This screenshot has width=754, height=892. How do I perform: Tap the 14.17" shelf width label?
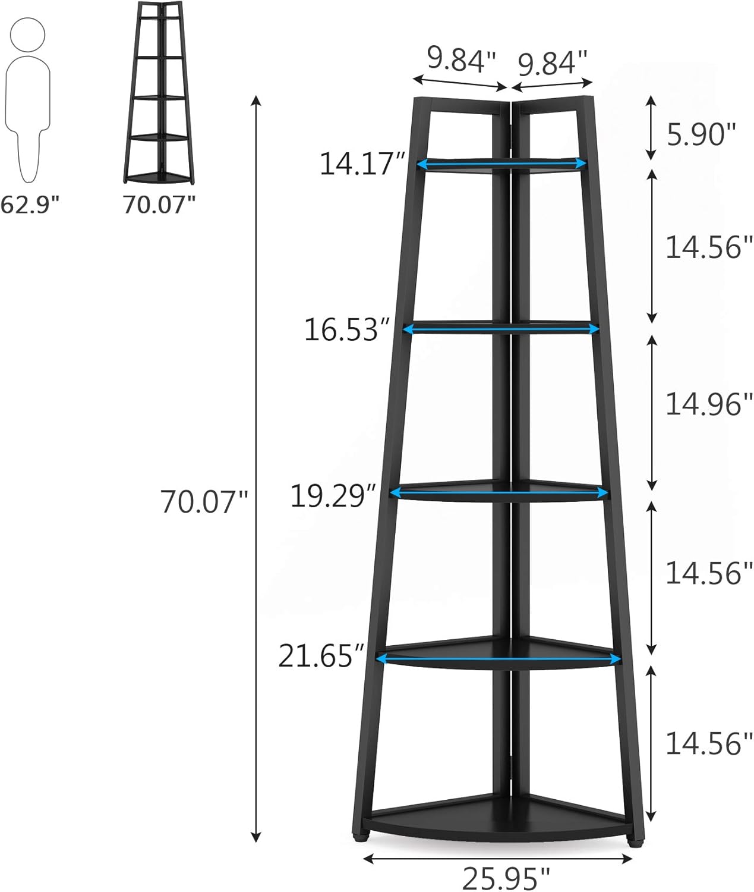click(362, 164)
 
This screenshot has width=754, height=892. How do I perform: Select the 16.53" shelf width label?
click(346, 329)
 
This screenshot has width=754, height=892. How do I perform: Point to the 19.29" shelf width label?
click(333, 495)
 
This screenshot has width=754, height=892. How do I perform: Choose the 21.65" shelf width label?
click(321, 656)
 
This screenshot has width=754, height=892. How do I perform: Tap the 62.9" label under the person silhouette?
click(30, 205)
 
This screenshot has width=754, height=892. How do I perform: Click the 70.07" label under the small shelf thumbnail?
click(159, 205)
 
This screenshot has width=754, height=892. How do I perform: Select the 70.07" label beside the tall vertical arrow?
click(204, 501)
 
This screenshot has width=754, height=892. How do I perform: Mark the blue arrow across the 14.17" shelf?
click(502, 164)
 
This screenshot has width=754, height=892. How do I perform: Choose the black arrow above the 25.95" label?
click(497, 858)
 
